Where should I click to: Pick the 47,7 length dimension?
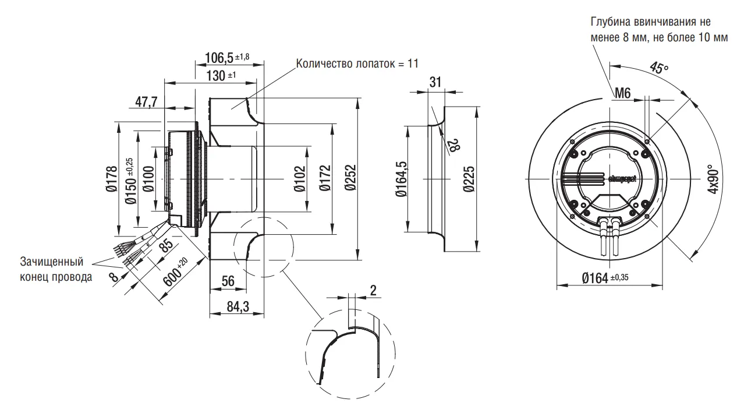point(147,102)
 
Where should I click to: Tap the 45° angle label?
point(659,68)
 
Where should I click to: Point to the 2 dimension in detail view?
point(372,290)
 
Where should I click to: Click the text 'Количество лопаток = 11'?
point(357,63)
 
